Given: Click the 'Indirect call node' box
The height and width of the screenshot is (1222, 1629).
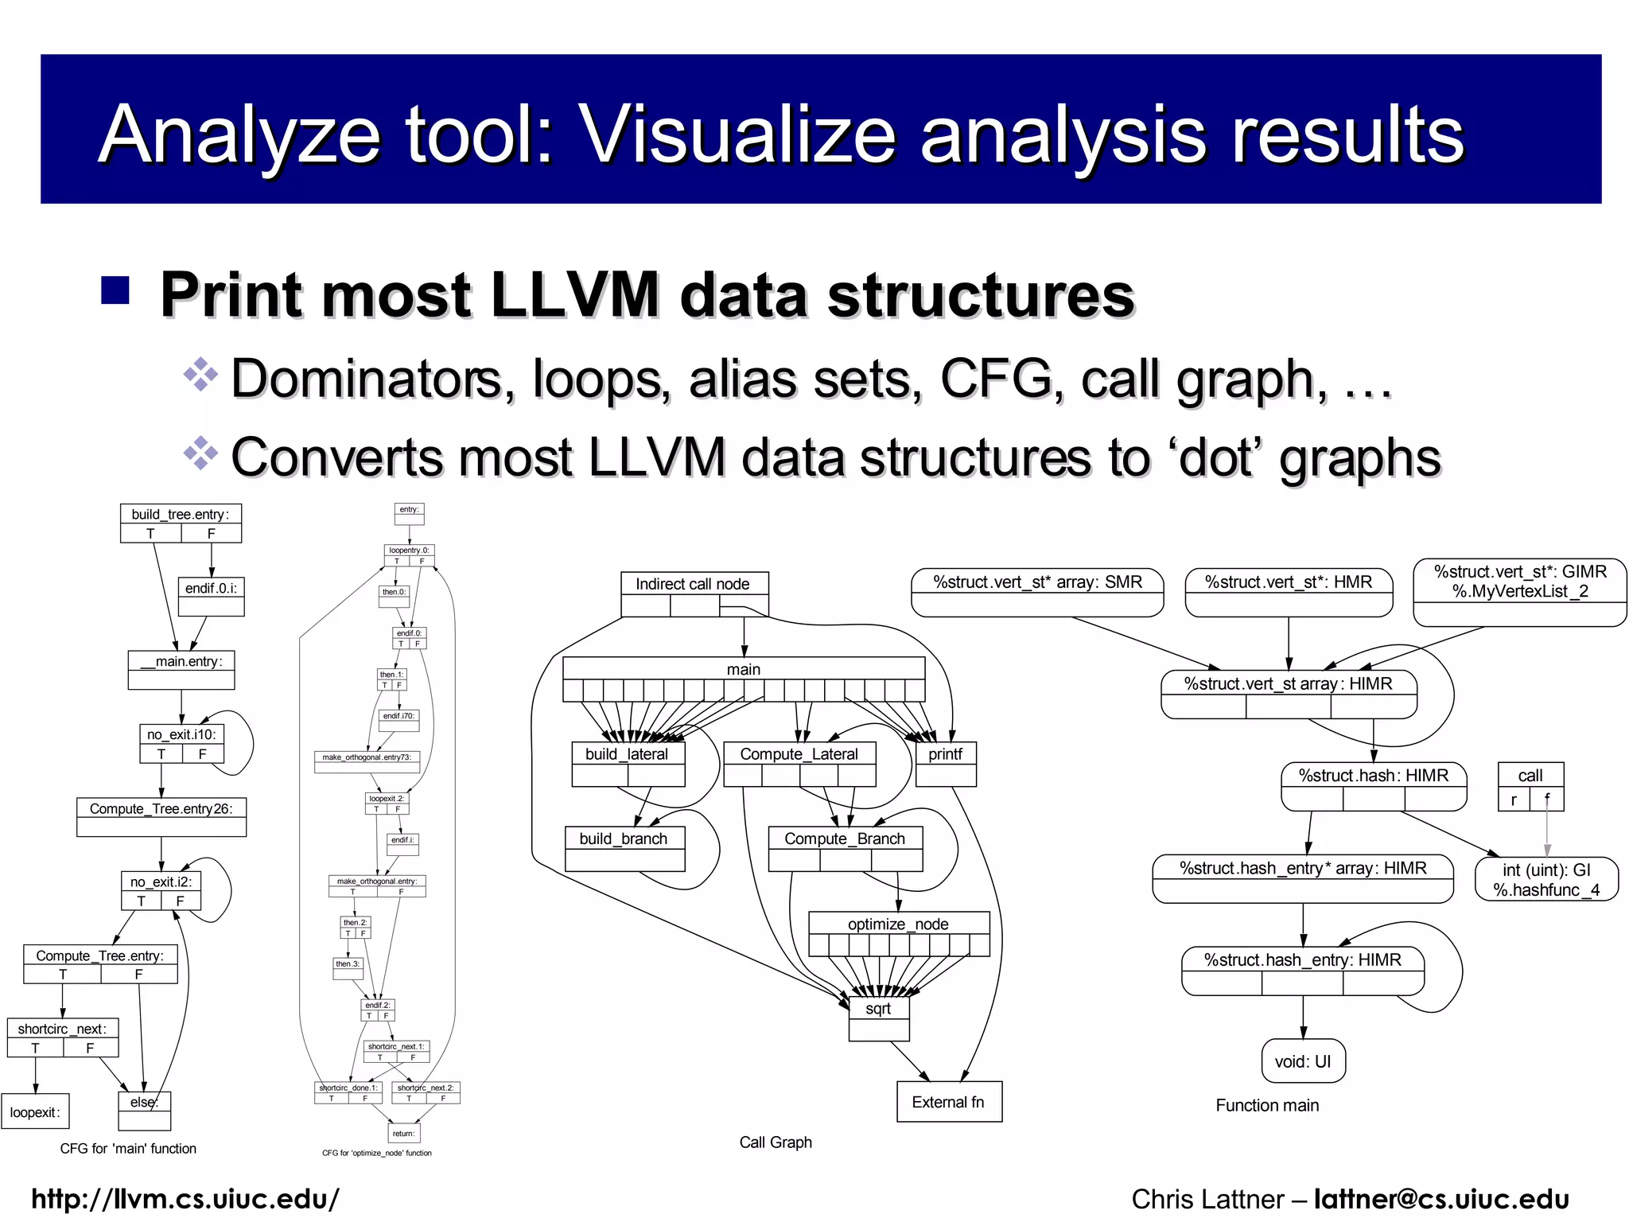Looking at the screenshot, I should pos(693,585).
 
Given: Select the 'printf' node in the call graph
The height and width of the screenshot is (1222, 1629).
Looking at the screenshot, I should pos(945,754).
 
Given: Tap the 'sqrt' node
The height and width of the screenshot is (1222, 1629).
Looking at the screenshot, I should pos(878,1010).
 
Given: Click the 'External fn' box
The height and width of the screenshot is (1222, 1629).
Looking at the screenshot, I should pos(948,1102).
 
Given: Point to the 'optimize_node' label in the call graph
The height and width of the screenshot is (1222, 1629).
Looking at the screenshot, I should pos(898,924).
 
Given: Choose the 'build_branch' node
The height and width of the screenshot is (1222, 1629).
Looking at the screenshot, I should pos(624,839).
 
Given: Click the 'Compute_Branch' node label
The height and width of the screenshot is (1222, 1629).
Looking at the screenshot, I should pos(845,839).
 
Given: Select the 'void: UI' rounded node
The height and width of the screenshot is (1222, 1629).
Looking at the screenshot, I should pos(1303,1061).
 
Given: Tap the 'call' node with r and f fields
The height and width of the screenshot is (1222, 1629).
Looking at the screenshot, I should pos(1530,776).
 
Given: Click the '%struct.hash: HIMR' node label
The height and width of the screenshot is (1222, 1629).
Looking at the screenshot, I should pos(1374,776).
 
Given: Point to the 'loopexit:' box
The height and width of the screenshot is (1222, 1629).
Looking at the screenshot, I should pos(35,1111).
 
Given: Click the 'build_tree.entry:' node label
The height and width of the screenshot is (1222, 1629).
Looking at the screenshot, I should pos(181,515).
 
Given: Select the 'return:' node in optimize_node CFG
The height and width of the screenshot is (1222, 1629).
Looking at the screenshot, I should pos(403,1134).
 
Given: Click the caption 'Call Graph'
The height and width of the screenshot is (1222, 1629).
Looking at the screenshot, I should pos(776,1142).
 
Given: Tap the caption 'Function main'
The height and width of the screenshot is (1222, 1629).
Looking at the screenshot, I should pos(1267,1106).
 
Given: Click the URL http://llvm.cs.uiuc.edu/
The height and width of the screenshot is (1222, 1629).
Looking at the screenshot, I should pos(185,1199).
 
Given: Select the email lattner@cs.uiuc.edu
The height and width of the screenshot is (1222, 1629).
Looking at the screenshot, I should pos(1441,1199).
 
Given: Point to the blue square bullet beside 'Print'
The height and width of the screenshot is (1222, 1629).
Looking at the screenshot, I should pos(115,290).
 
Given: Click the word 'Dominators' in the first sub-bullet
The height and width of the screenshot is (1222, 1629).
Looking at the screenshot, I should pos(367,379).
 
